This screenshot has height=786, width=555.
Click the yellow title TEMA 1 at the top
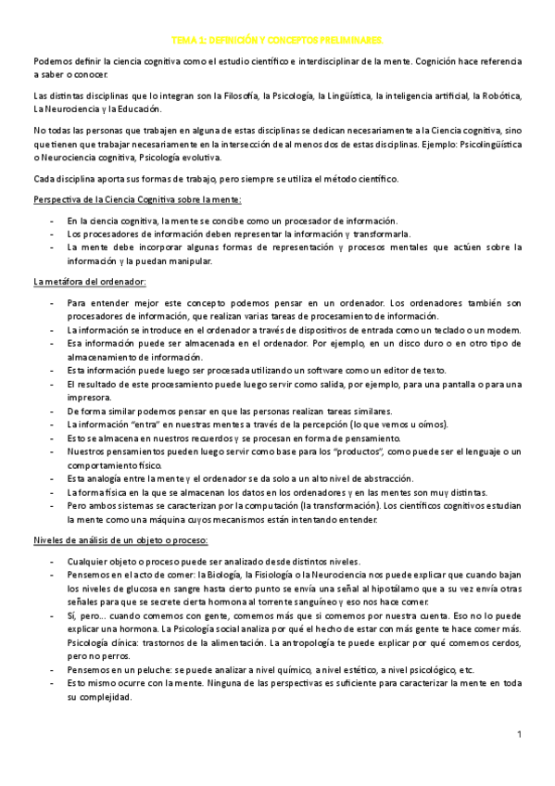277,41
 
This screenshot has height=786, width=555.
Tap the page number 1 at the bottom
520,735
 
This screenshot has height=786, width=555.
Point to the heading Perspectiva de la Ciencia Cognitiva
137,199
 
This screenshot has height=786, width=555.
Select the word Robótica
501,95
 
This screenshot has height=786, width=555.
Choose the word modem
505,330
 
